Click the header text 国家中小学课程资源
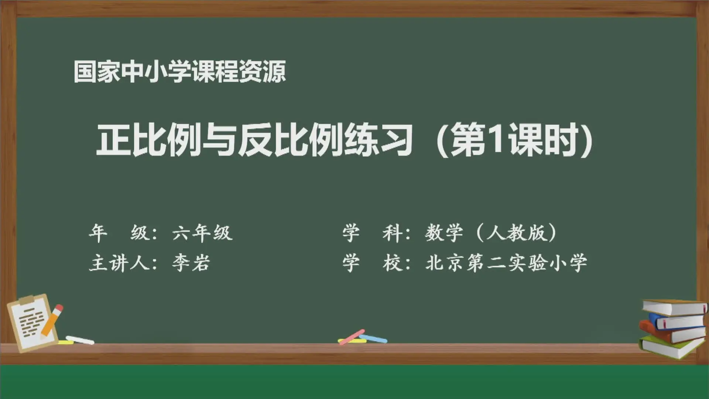(180, 71)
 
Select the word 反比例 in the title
(290, 140)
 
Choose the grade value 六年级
(202, 233)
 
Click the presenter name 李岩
(191, 263)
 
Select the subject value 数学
(444, 233)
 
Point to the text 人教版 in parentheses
(516, 233)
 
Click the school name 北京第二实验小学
(506, 263)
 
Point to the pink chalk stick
(352, 337)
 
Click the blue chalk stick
(373, 338)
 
